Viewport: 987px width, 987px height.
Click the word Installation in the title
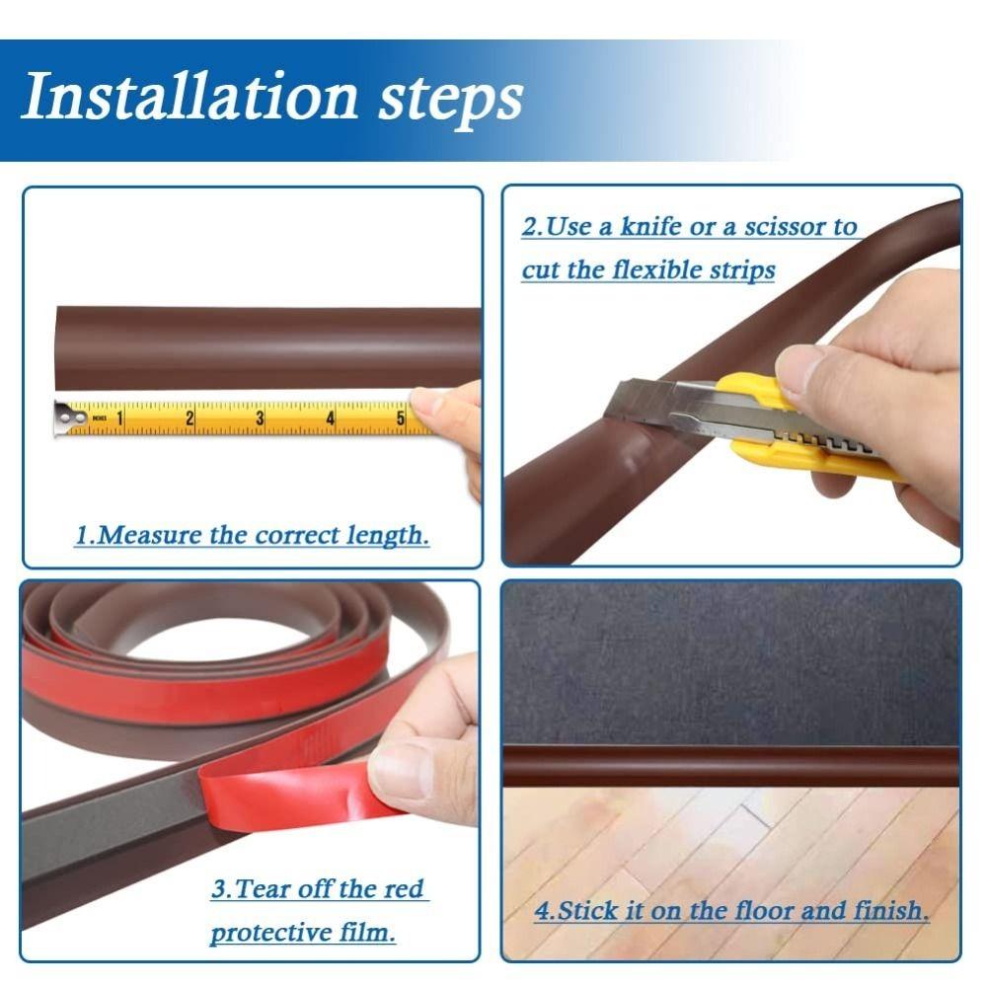(188, 98)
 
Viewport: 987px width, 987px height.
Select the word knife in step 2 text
(650, 227)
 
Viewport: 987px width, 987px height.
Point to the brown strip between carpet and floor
(730, 765)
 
